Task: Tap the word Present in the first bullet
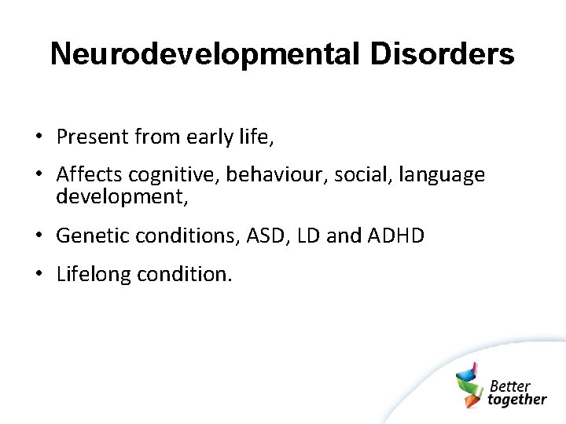[x=92, y=137]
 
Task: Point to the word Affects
[x=90, y=174]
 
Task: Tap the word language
[x=442, y=175]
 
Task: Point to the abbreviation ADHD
[x=396, y=236]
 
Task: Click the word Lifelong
[x=94, y=275]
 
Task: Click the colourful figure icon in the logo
[x=469, y=386]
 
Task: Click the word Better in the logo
[x=510, y=386]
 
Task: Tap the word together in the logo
[x=517, y=399]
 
